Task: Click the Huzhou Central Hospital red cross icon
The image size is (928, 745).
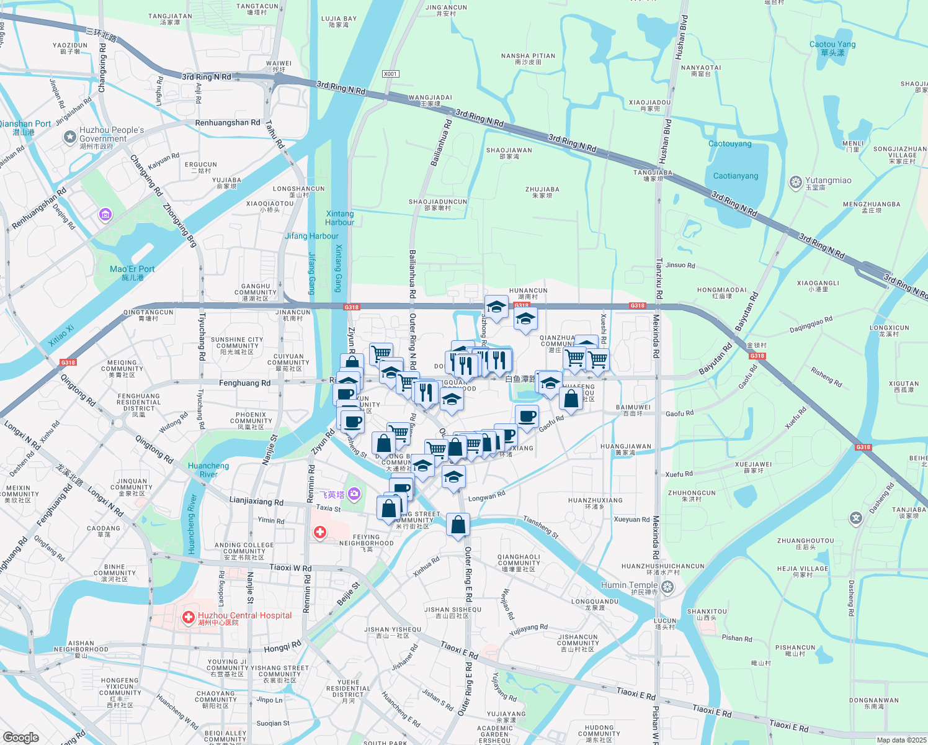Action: (188, 618)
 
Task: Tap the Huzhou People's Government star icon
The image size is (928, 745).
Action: (70, 137)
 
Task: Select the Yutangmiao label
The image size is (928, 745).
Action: (828, 181)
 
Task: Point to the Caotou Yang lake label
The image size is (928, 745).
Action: (832, 45)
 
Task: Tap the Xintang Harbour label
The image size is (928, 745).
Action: (339, 218)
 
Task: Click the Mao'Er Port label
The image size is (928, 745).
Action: (132, 269)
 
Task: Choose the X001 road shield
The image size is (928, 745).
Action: (390, 74)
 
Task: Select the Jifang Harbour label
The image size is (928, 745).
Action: (311, 236)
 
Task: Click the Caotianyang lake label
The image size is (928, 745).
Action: (736, 176)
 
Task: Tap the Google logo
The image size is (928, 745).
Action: (20, 738)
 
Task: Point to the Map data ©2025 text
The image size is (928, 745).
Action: (901, 740)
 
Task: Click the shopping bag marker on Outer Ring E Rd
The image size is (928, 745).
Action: (458, 525)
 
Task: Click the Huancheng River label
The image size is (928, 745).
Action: (208, 470)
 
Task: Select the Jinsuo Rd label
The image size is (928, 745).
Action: (680, 265)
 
